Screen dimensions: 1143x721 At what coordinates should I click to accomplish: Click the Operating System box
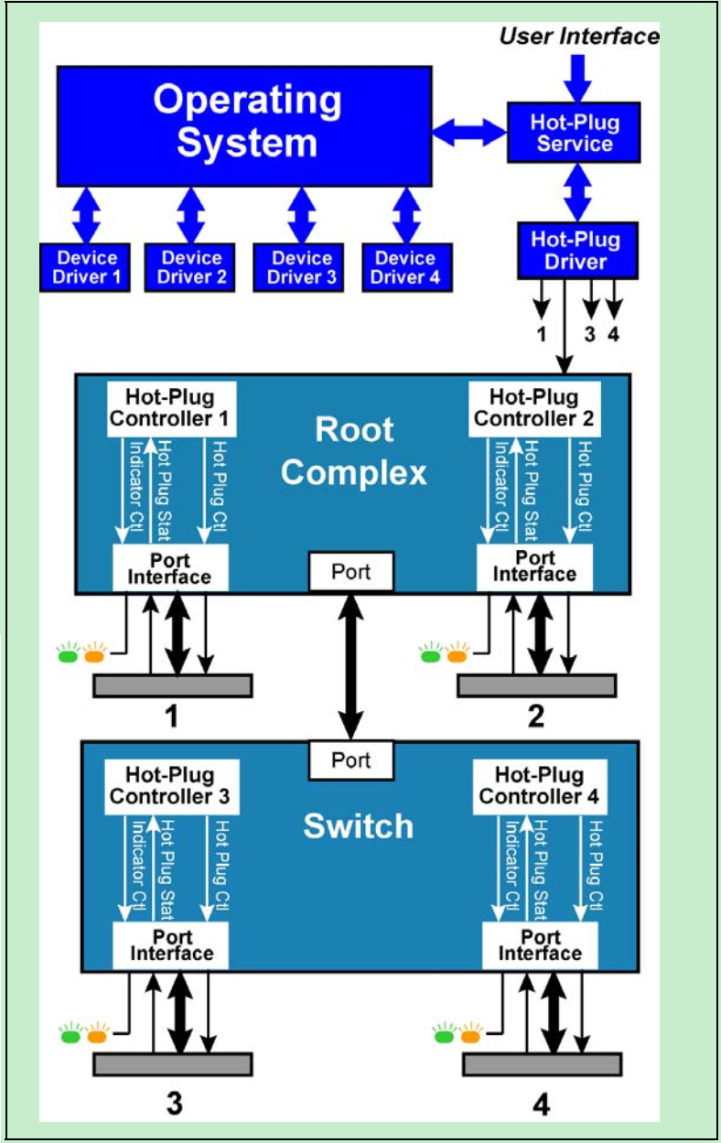point(244,125)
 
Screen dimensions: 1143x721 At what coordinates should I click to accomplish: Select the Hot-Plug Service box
point(575,133)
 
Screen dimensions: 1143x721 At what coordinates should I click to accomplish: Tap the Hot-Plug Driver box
point(575,250)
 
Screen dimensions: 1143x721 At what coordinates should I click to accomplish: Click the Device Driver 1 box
point(84,267)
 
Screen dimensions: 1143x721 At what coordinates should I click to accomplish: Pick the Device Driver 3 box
point(299,267)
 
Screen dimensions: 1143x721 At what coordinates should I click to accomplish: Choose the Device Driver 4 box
point(406,267)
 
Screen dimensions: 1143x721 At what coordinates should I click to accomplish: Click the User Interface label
point(579,37)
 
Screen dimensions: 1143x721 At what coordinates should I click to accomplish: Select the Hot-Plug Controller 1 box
point(171,409)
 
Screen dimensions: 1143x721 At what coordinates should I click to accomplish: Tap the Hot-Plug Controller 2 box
point(534,409)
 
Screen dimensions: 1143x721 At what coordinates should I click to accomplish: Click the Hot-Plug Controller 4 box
point(540,786)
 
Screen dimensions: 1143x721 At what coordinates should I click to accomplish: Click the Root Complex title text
point(354,451)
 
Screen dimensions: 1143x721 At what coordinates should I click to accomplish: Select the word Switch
point(359,826)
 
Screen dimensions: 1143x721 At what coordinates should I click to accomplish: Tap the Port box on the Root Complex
point(351,572)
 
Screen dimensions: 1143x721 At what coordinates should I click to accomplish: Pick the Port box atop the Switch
point(351,760)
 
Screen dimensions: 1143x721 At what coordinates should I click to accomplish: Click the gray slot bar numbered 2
point(536,685)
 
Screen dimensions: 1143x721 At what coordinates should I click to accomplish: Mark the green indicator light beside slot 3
point(70,1037)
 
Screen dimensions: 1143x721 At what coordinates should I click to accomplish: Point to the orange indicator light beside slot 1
point(94,655)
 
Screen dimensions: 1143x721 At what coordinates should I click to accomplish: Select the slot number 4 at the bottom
point(542,1105)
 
